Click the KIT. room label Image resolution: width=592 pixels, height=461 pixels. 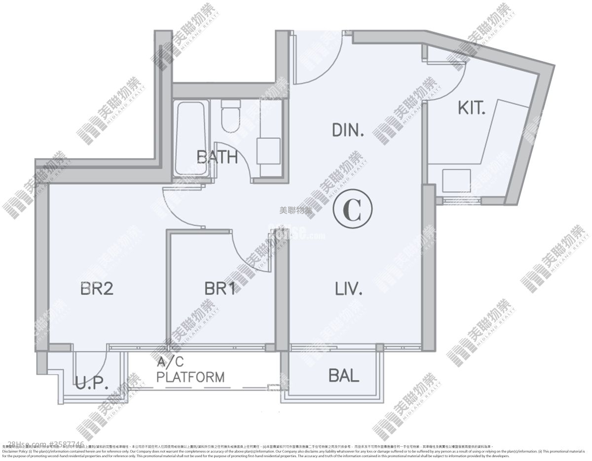coord(472,109)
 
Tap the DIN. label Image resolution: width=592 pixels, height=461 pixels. coord(348,130)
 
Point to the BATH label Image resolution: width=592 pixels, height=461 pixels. coord(217,157)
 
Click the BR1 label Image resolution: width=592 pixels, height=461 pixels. coord(220,288)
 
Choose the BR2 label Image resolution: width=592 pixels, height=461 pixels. coord(97,288)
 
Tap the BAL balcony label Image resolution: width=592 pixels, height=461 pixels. coord(344,376)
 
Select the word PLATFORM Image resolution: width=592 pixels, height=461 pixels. coord(190,378)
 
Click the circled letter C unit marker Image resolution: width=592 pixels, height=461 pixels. coord(353,210)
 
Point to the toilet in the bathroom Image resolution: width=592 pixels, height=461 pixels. coord(230,116)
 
